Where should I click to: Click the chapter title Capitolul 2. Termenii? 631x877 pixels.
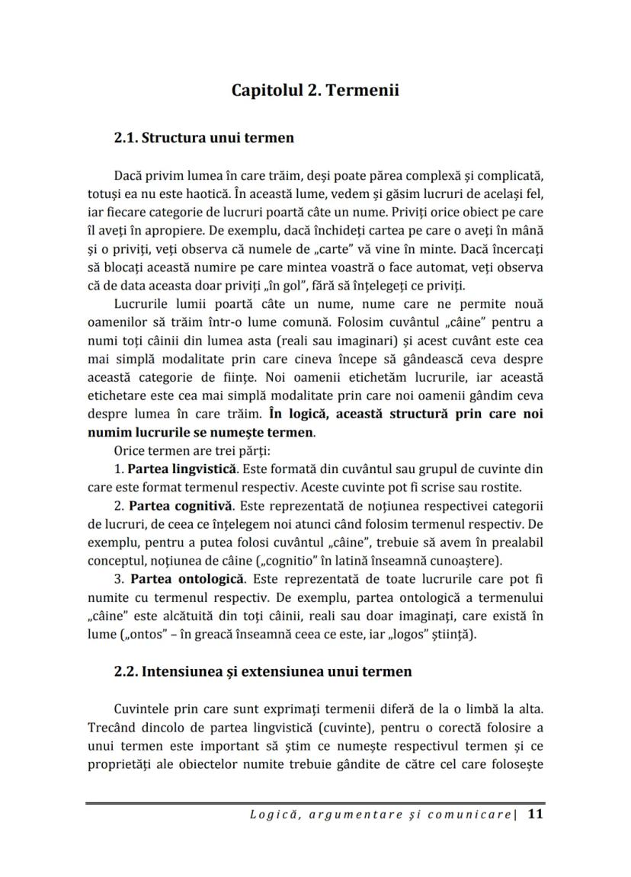[315, 91]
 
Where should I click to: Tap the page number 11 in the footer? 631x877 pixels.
[535, 815]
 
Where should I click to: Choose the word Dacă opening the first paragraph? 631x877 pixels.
[129, 175]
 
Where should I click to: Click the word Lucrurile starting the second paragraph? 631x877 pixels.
[143, 305]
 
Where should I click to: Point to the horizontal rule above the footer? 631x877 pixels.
[315, 802]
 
